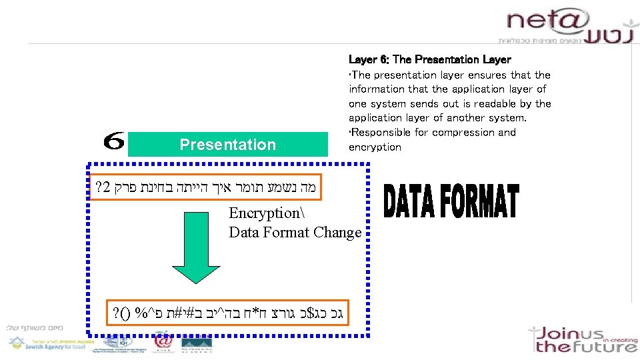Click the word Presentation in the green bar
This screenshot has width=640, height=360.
(x=227, y=145)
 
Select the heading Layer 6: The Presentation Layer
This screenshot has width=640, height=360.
(x=429, y=60)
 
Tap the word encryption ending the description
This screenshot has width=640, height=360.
(x=375, y=147)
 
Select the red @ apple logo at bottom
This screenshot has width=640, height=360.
(x=163, y=341)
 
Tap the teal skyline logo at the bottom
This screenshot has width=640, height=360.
(x=197, y=341)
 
